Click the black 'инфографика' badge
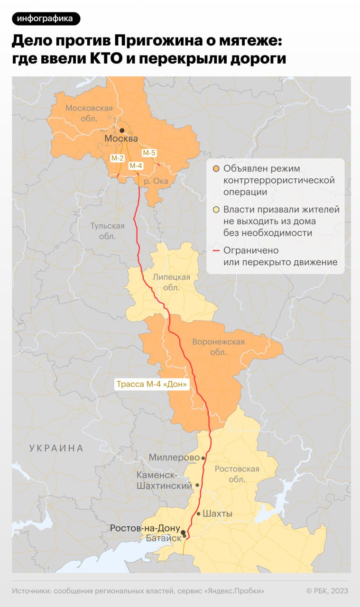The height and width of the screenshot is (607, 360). coord(46,18)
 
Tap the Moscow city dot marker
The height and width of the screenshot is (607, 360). coord(122,130)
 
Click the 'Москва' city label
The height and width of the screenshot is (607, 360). coord(121,139)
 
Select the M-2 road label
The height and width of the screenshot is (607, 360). coord(117,158)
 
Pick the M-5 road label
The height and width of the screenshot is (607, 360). coord(149,153)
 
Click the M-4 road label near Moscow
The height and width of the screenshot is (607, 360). coord(136,166)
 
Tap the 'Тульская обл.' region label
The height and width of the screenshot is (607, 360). coord(108,231)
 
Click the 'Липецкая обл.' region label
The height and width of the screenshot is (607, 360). coord(171,282)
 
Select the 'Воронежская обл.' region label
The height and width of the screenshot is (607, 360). coord(218,347)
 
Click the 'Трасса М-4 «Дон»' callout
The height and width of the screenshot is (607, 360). coord(152,384)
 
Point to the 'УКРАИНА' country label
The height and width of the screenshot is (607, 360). coord(56,448)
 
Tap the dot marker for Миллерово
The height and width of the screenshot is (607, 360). coord(203,458)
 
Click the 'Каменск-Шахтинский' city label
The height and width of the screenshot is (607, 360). coord(164,480)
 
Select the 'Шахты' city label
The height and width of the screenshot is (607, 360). coord(217,514)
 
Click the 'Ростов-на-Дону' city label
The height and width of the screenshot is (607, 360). coord(145,528)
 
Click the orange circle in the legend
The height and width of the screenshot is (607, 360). coord(216,169)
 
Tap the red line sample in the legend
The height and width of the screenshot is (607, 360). coord(216,251)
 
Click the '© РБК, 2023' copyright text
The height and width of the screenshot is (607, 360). coord(327,591)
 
